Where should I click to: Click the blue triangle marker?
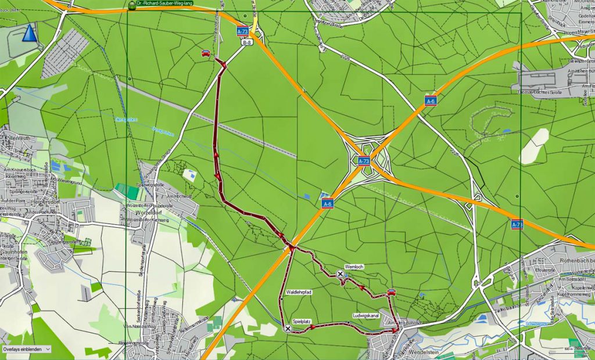pos(30,33)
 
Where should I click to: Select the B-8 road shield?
pos(247,42)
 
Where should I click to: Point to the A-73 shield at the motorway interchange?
pos(364,161)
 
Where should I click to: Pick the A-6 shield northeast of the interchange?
pos(430,101)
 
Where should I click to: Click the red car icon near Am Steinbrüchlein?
pos(206,53)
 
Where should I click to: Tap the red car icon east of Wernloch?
pos(392,291)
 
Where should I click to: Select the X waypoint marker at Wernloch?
pos(340,273)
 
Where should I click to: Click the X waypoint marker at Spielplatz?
pos(288,329)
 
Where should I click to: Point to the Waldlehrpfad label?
pos(299,292)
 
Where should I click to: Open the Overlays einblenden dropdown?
pos(26,349)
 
